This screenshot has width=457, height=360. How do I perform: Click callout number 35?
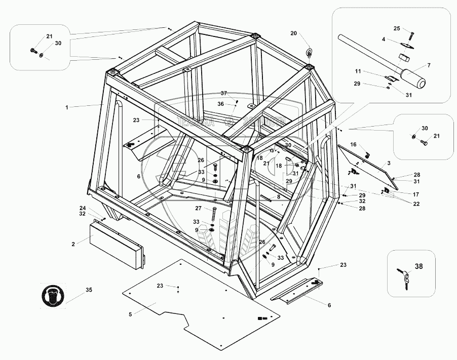[x=89, y=290]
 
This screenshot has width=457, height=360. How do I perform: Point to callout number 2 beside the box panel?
[x=73, y=244]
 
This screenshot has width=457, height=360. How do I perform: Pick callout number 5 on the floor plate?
[x=130, y=314]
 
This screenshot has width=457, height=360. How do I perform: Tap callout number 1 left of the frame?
[x=66, y=107]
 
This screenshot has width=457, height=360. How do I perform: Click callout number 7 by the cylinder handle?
[x=429, y=65]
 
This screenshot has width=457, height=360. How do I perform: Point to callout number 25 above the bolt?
[x=397, y=28]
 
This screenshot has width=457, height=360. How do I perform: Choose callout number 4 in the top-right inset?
[x=384, y=39]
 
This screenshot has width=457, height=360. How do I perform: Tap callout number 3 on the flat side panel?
[x=388, y=163]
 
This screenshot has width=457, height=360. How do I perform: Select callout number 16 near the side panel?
[x=353, y=144]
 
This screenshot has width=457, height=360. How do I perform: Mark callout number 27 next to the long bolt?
[x=198, y=208]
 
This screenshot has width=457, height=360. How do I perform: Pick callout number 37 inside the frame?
[x=223, y=93]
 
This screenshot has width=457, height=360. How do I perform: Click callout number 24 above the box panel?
[x=83, y=208]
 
